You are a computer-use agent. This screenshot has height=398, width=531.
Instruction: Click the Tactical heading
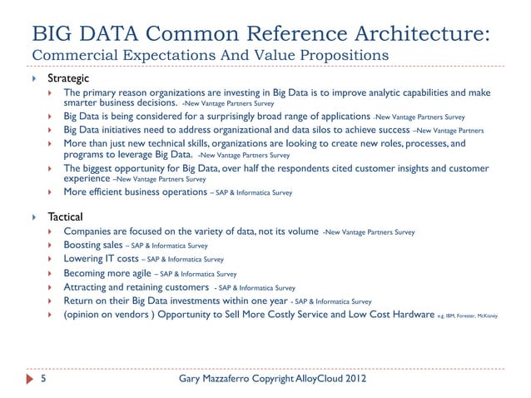click(65, 216)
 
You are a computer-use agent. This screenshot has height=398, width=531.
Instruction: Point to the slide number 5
click(43, 381)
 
